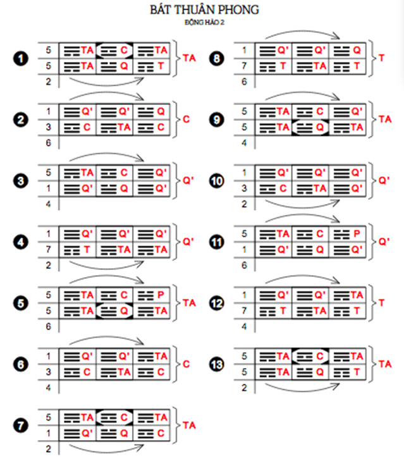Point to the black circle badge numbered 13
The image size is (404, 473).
click(x=216, y=364)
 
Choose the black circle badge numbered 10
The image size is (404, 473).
click(x=216, y=181)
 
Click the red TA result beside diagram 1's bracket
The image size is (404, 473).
click(x=190, y=58)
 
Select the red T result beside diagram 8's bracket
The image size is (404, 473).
click(x=382, y=58)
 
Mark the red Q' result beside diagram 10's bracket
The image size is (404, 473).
click(x=384, y=180)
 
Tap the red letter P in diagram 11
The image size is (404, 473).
click(x=357, y=234)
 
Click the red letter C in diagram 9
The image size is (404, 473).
click(x=320, y=111)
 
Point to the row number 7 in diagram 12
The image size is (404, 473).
click(x=245, y=310)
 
